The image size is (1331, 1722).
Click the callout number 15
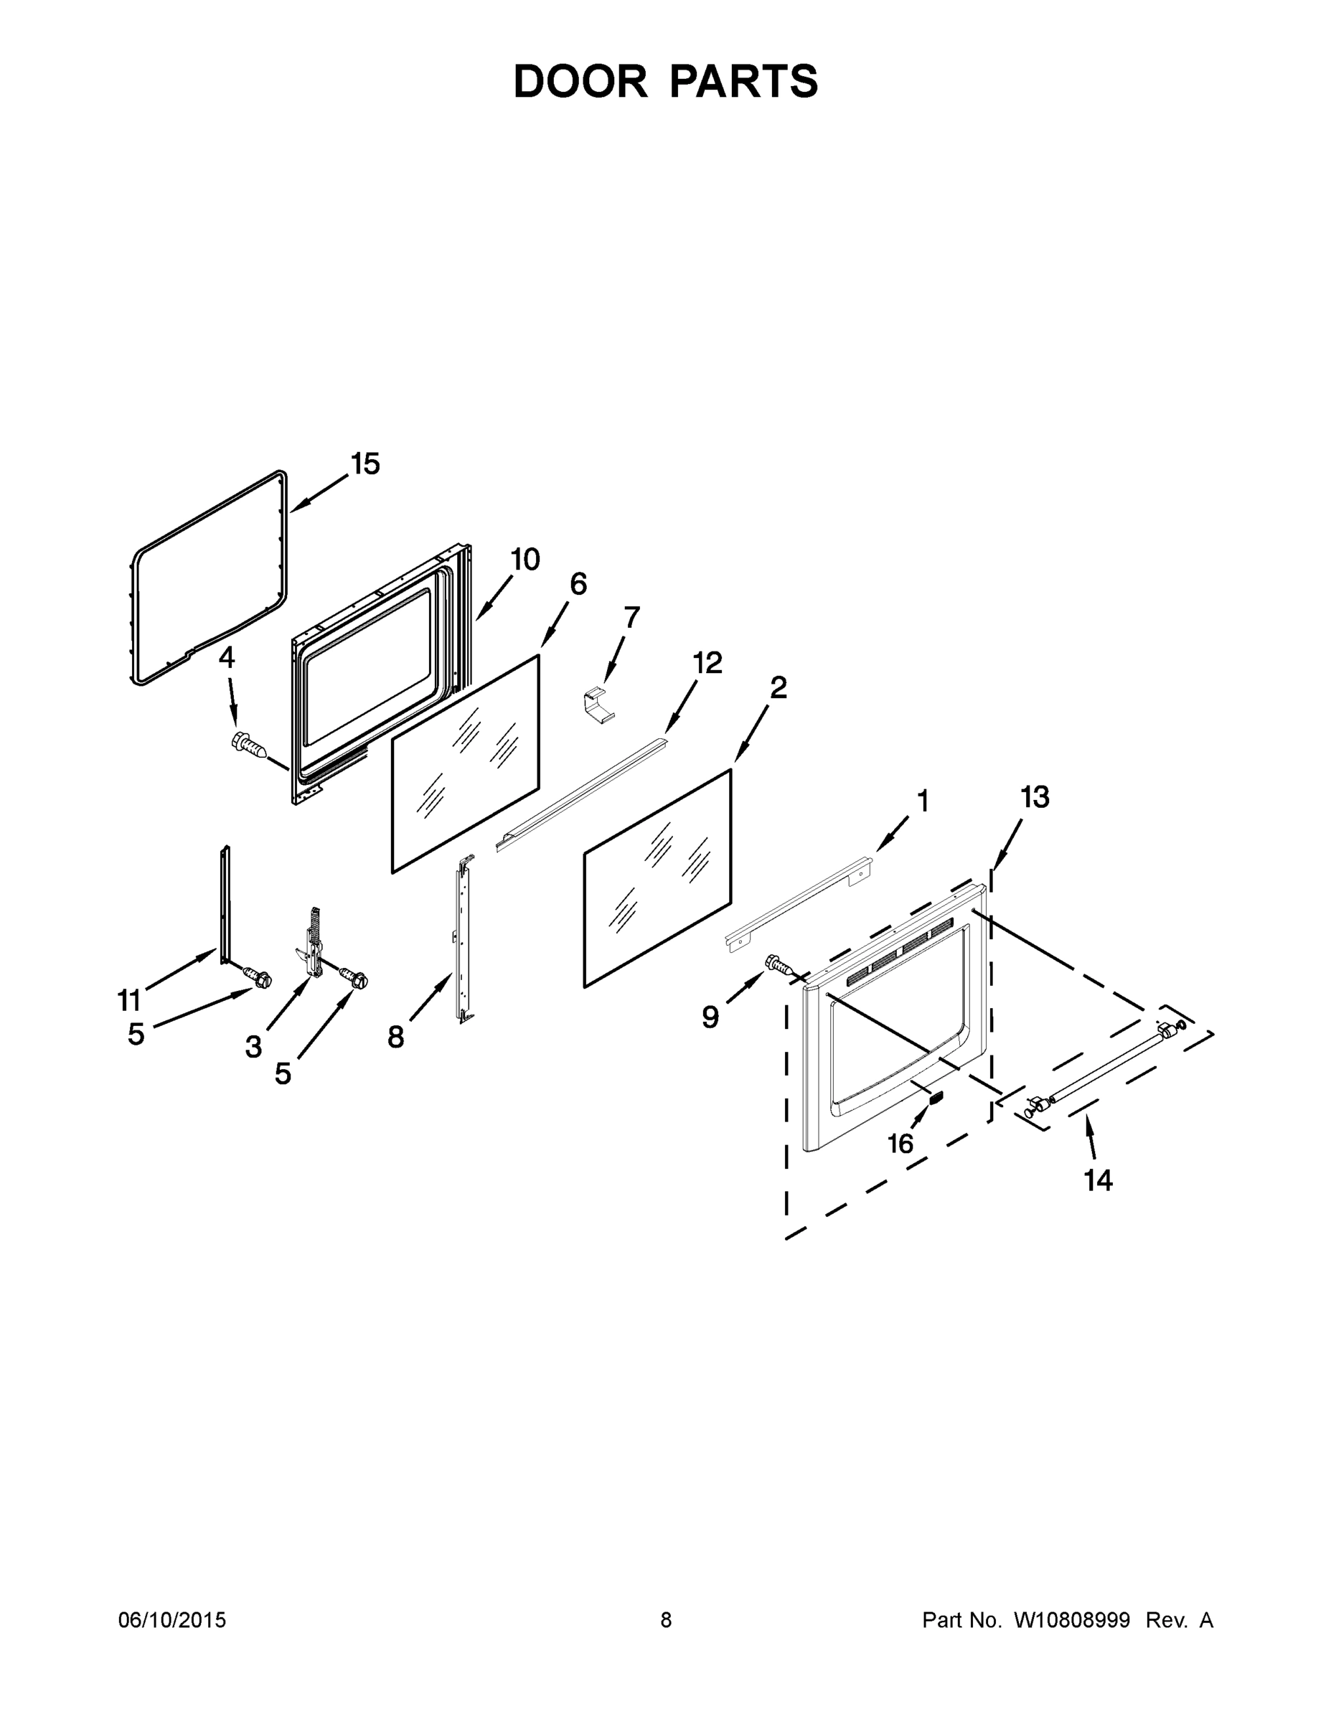(x=365, y=464)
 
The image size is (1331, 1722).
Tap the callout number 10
(x=525, y=559)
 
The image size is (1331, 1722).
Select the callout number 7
(x=631, y=616)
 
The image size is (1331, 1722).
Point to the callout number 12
(x=707, y=663)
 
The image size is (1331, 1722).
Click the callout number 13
(x=1035, y=797)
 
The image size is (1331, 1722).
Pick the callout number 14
(x=1098, y=1203)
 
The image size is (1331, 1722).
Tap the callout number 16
(x=900, y=1143)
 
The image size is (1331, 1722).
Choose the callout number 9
(x=710, y=1018)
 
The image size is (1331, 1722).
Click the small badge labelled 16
(x=936, y=1097)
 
